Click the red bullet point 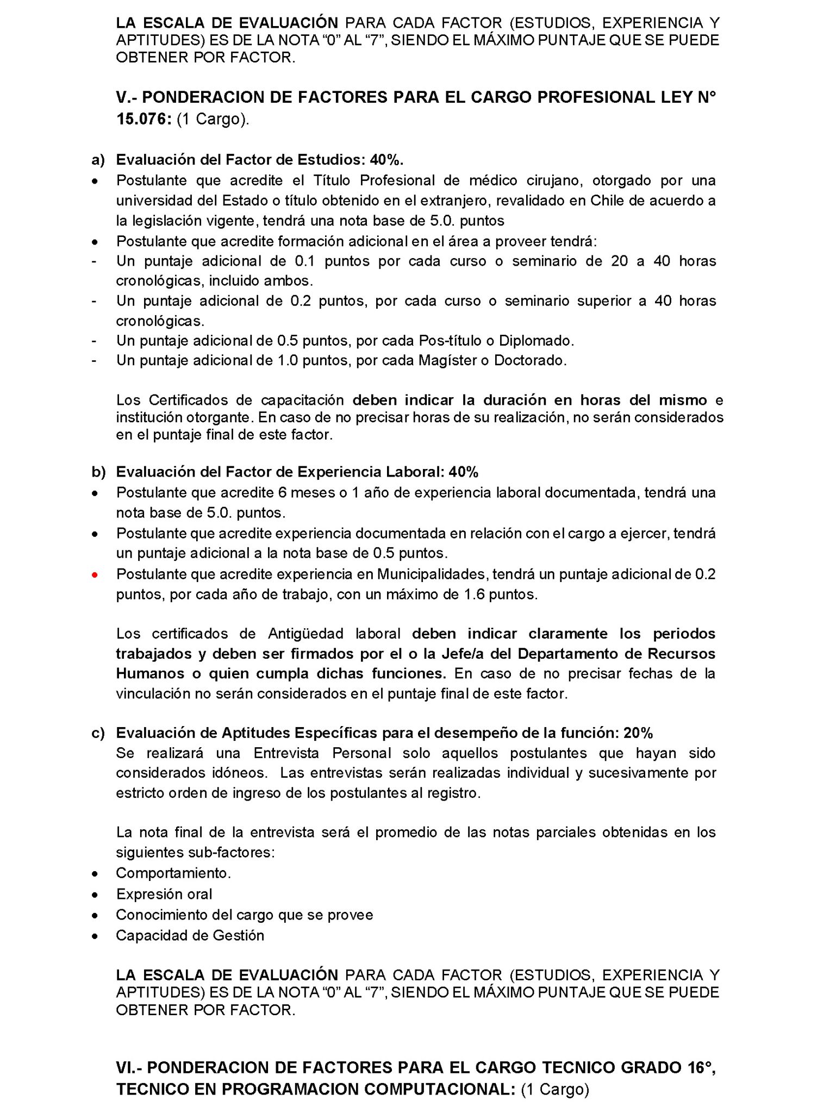point(95,575)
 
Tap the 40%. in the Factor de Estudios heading point(387,160)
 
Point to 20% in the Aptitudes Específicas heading point(638,733)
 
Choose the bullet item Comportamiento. point(173,873)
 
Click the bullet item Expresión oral point(164,894)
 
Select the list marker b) point(98,472)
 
